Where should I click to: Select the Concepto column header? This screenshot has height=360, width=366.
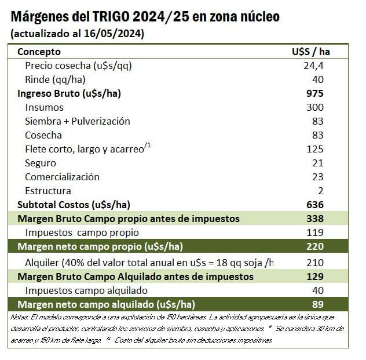pos(39,52)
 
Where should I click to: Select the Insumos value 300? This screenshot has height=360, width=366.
pos(316,107)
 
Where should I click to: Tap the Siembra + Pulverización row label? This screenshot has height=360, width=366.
pos(78,121)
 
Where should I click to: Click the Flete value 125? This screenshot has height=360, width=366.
pos(316,149)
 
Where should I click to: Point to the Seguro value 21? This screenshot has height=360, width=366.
pos(318,163)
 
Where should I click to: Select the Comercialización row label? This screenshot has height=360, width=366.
pos(62,177)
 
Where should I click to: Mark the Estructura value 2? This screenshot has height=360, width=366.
pos(320,191)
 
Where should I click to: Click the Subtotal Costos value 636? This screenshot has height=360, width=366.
pos(316,205)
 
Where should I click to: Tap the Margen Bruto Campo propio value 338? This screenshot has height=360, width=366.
pos(316,219)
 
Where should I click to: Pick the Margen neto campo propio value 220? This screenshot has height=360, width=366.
pos(316,246)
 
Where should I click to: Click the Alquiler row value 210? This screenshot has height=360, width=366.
pos(316,263)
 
